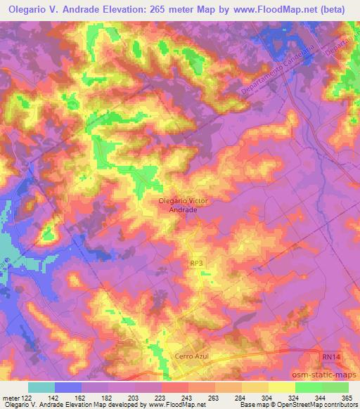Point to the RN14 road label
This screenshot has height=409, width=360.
pyautogui.click(x=330, y=358)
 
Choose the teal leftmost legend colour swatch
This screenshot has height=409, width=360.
pyautogui.click(x=41, y=387)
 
